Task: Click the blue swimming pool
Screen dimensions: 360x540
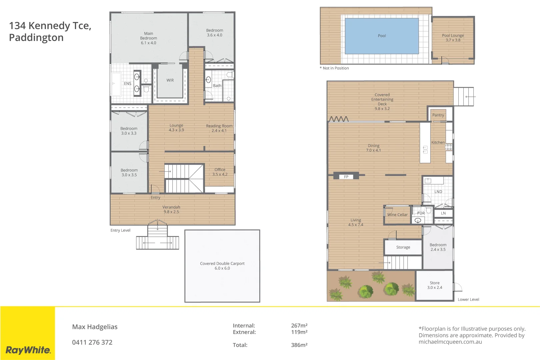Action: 382,36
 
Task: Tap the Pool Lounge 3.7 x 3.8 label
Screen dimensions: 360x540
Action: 453,38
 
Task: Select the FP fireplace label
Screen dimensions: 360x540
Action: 346,177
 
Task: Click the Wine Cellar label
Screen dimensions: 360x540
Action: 397,215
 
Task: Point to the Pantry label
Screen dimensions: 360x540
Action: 438,115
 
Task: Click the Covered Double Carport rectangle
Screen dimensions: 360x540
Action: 222,266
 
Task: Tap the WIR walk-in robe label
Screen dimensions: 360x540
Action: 170,80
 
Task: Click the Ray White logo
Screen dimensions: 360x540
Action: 28,350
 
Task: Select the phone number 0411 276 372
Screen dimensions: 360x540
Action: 92,342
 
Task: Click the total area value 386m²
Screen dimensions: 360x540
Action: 299,345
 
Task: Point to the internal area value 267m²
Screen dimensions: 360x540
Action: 299,325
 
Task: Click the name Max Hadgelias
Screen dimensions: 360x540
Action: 95,327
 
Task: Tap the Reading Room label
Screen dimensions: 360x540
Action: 219,128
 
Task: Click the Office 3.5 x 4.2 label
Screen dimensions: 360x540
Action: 220,172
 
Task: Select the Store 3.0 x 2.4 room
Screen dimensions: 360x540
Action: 435,285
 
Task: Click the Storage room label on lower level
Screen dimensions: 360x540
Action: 403,247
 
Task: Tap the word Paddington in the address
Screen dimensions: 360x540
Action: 36,38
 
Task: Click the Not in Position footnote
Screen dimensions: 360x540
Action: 334,68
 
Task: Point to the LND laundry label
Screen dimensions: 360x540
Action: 438,192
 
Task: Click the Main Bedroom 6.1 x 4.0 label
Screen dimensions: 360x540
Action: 148,38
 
